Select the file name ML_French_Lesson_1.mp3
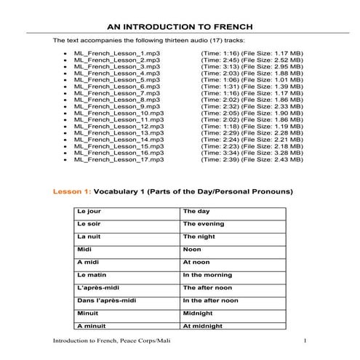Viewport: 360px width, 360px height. (116, 54)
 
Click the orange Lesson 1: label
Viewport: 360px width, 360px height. (70, 192)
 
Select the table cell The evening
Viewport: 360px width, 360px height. (204, 224)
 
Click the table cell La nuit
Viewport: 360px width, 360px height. (88, 236)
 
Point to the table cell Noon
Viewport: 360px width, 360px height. (192, 249)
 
